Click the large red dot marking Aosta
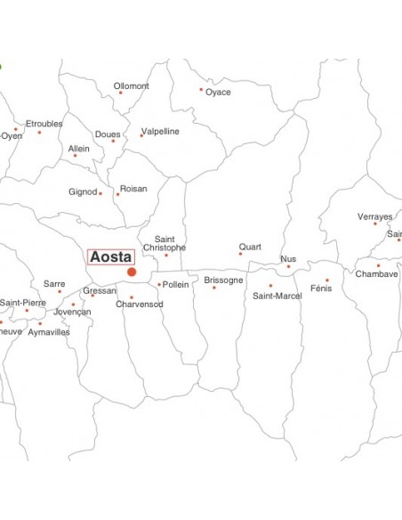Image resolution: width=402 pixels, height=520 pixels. pos(132,272)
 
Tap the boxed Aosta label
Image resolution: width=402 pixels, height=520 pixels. pos(111,256)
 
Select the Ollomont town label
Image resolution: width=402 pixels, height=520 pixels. pos(133,86)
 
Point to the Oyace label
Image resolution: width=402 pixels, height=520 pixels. pos(218,92)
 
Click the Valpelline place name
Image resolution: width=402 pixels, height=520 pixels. pos(161,131)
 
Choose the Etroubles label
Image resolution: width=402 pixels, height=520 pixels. pos(44,124)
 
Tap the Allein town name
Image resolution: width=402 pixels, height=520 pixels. pos(78,148)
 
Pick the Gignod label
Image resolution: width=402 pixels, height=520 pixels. pos(83,192)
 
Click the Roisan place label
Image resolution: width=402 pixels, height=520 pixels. pos(133,189)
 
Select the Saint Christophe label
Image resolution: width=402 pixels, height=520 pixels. pos(170,243)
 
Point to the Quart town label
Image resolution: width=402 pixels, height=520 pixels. pos(250,247)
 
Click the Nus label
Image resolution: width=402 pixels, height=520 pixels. pos(288,259)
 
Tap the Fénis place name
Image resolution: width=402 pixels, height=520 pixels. pos(321,288)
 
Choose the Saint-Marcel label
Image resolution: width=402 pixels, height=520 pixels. pos(277,296)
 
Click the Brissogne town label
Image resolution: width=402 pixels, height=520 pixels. pos(223,280)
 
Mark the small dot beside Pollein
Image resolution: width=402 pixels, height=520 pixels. pos(159,285)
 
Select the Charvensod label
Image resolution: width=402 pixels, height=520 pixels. pos(140,305)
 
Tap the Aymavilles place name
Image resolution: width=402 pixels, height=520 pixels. pos(48,332)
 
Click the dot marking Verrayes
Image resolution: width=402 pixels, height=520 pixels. pos(375,223)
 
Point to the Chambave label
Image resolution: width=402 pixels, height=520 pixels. pos(377,274)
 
